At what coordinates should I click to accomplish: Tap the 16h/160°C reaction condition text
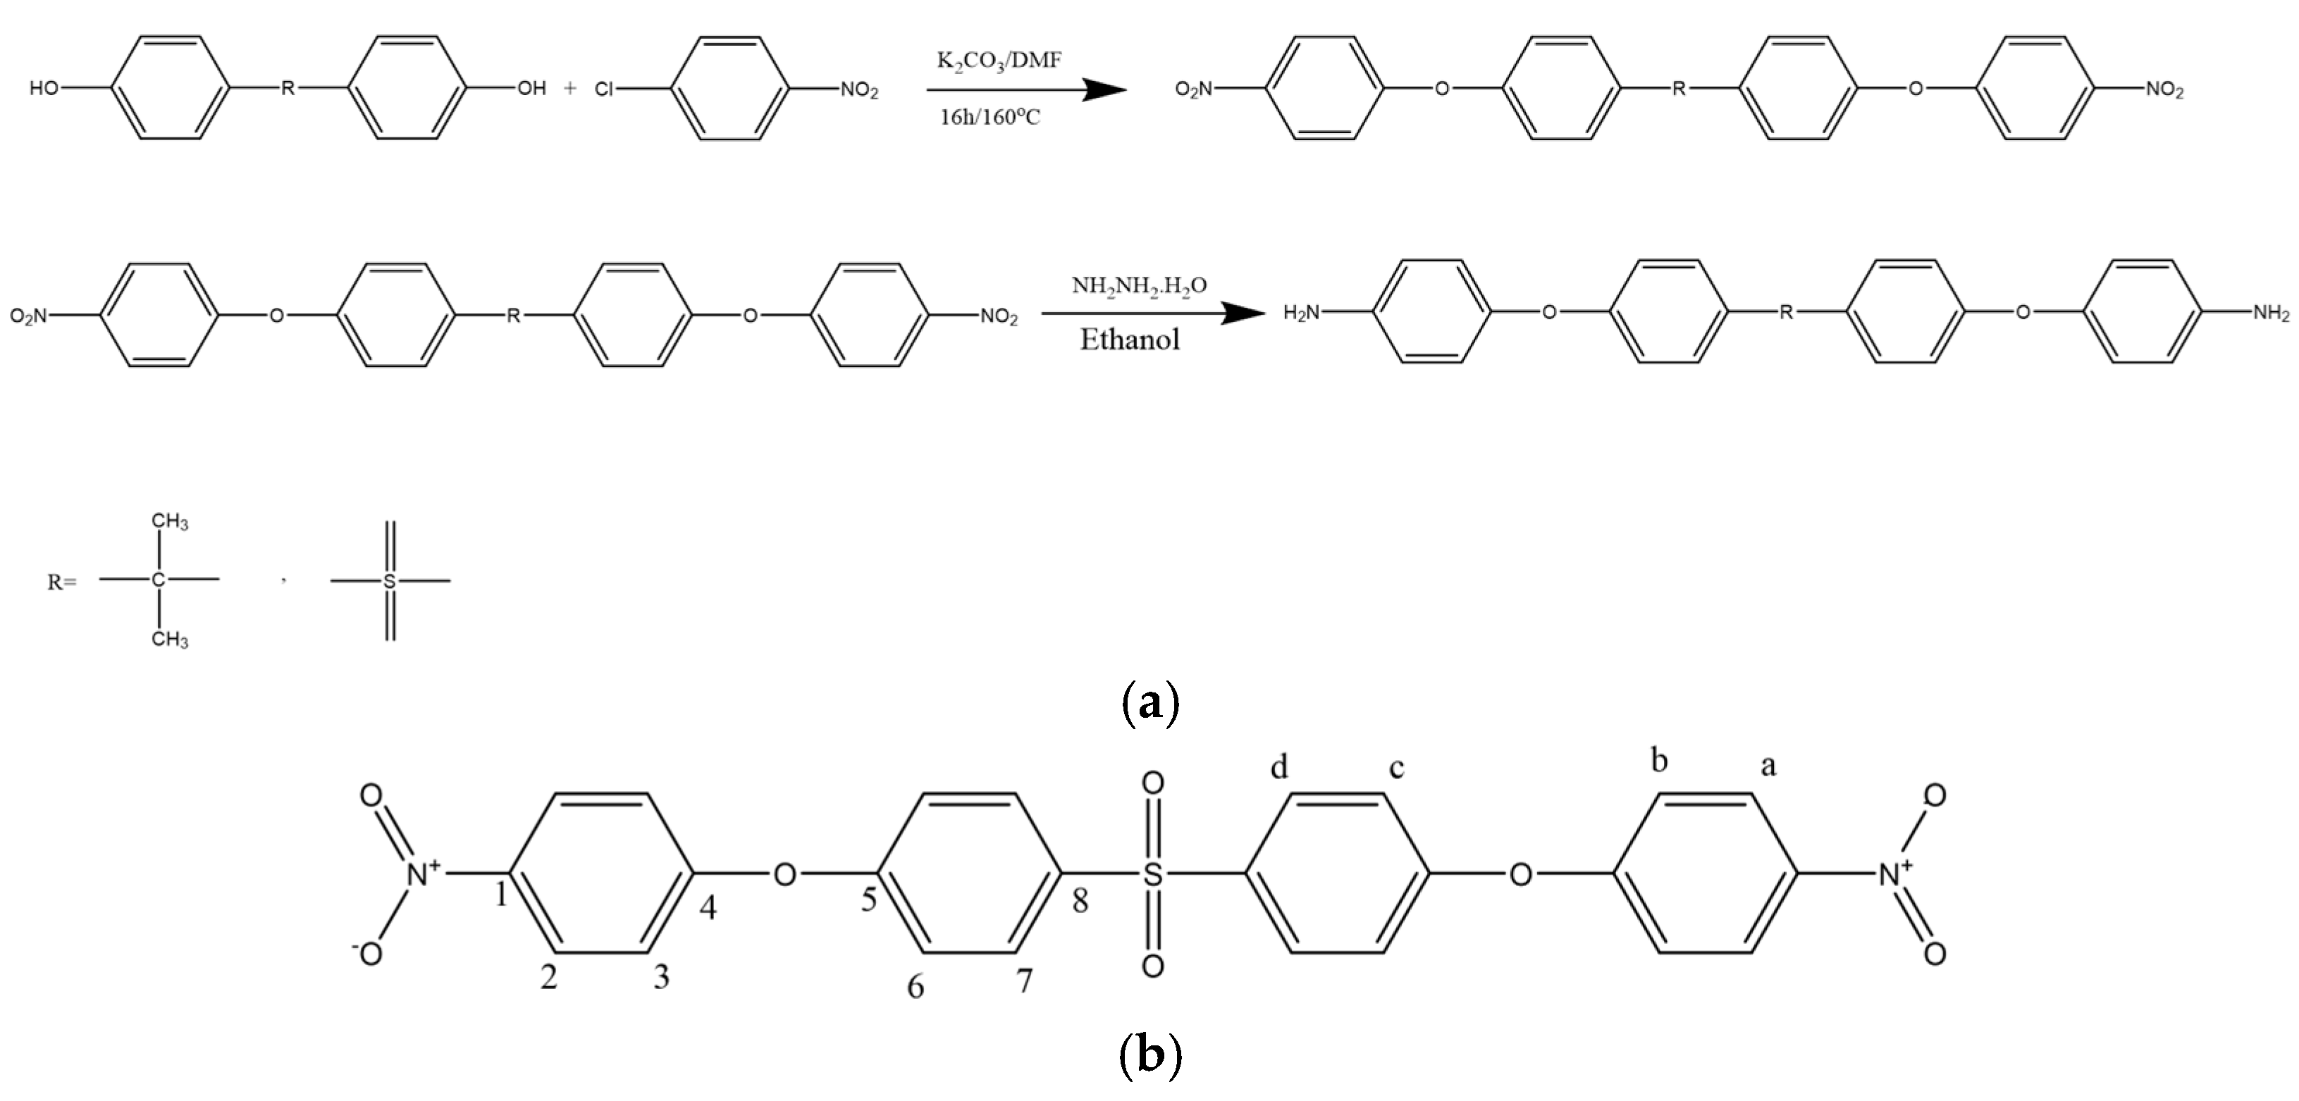(x=990, y=117)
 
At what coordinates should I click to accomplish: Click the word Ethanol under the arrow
(x=1129, y=340)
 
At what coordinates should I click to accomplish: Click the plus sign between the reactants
(x=570, y=88)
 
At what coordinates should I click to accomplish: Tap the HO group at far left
(x=44, y=88)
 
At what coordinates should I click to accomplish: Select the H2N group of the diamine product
(x=1300, y=312)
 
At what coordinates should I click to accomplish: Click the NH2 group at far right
(x=2270, y=312)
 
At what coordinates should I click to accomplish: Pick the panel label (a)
(x=1149, y=703)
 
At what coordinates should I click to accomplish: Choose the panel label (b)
(x=1149, y=1055)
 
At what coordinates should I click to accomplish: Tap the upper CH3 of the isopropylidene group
(x=170, y=521)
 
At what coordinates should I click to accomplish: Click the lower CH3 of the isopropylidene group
(x=170, y=639)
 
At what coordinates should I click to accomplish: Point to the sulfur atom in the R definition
(x=389, y=582)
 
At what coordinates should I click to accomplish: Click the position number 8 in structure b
(x=1080, y=901)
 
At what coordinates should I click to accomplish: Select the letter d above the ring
(x=1279, y=766)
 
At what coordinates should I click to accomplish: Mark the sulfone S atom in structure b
(x=1153, y=873)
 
